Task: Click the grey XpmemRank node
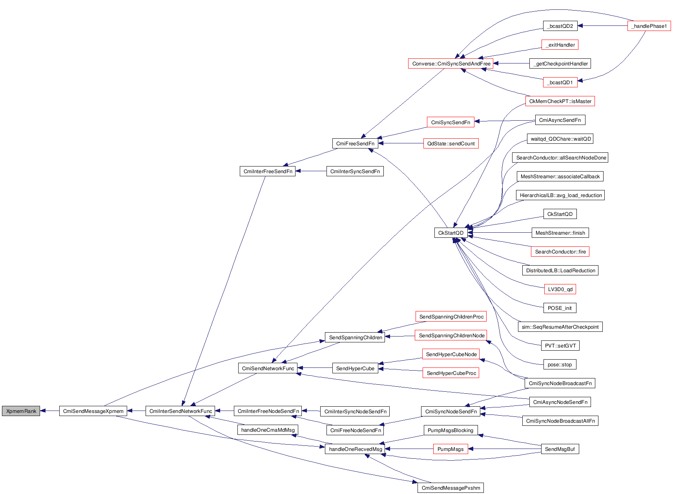pyautogui.click(x=21, y=411)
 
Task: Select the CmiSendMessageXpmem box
pyautogui.click(x=93, y=411)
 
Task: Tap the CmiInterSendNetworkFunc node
pyautogui.click(x=181, y=411)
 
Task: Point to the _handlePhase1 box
pyautogui.click(x=649, y=26)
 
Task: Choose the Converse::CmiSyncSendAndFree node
pyautogui.click(x=451, y=63)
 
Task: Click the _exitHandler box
pyautogui.click(x=560, y=45)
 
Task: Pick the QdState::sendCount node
pyautogui.click(x=450, y=144)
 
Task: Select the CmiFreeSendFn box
pyautogui.click(x=355, y=144)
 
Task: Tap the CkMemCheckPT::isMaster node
pyautogui.click(x=560, y=101)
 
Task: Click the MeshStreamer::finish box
pyautogui.click(x=560, y=233)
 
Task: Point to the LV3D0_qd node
pyautogui.click(x=560, y=290)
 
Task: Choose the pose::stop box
pyautogui.click(x=560, y=365)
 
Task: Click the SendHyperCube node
pyautogui.click(x=355, y=369)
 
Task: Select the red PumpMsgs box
pyautogui.click(x=450, y=449)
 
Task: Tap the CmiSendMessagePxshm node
pyautogui.click(x=450, y=488)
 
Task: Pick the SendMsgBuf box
pyautogui.click(x=560, y=449)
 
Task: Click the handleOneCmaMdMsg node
pyautogui.click(x=268, y=430)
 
